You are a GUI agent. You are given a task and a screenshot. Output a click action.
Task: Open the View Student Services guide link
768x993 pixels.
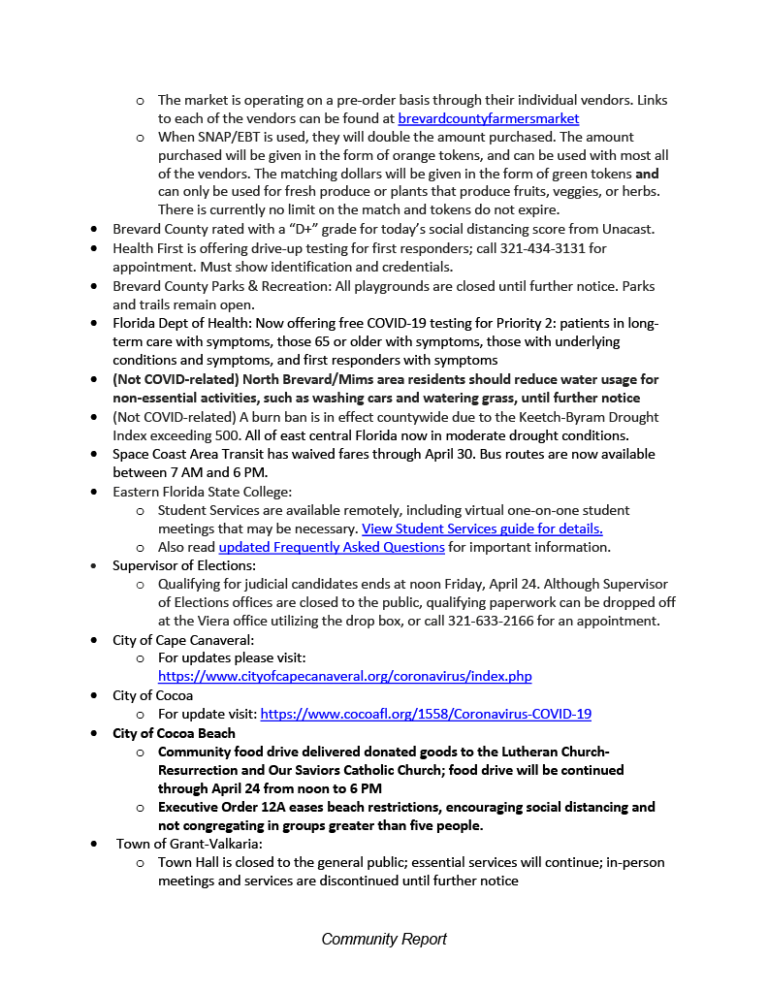click(482, 529)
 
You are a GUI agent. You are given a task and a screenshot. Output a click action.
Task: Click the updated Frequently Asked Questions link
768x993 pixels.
click(332, 547)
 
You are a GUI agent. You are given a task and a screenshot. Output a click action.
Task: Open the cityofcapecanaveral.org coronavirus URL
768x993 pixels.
click(344, 676)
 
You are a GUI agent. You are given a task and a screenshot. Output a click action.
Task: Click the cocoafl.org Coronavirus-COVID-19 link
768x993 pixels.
click(426, 714)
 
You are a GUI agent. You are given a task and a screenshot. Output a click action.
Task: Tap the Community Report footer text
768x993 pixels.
click(384, 939)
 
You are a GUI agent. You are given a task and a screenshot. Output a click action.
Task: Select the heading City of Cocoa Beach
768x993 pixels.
click(174, 733)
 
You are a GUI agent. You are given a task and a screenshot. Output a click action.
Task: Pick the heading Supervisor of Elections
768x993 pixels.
click(183, 565)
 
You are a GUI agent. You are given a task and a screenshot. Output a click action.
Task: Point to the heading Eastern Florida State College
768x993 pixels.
click(208, 492)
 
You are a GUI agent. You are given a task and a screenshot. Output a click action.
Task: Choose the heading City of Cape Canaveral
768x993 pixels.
click(183, 640)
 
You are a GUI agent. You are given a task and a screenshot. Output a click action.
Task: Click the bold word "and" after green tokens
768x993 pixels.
click(647, 174)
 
